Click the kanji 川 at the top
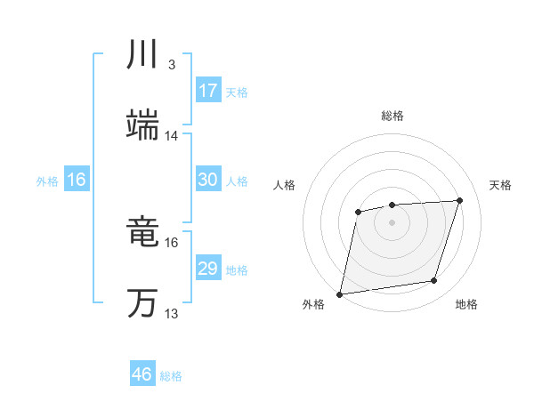click(x=142, y=55)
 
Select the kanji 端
click(x=142, y=126)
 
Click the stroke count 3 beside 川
click(x=171, y=65)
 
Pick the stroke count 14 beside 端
click(x=172, y=136)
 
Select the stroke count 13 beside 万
click(x=172, y=314)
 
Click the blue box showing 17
click(x=207, y=91)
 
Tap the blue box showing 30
click(x=207, y=180)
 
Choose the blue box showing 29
click(x=207, y=269)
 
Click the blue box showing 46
click(x=142, y=374)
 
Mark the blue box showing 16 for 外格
click(x=77, y=180)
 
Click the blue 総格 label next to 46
click(x=171, y=376)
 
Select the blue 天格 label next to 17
click(x=237, y=92)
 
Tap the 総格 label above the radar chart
click(x=392, y=116)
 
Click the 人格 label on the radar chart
click(x=285, y=185)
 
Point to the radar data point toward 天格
click(x=459, y=200)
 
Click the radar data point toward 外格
click(x=340, y=293)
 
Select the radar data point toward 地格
click(x=434, y=281)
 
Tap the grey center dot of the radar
click(x=392, y=222)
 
